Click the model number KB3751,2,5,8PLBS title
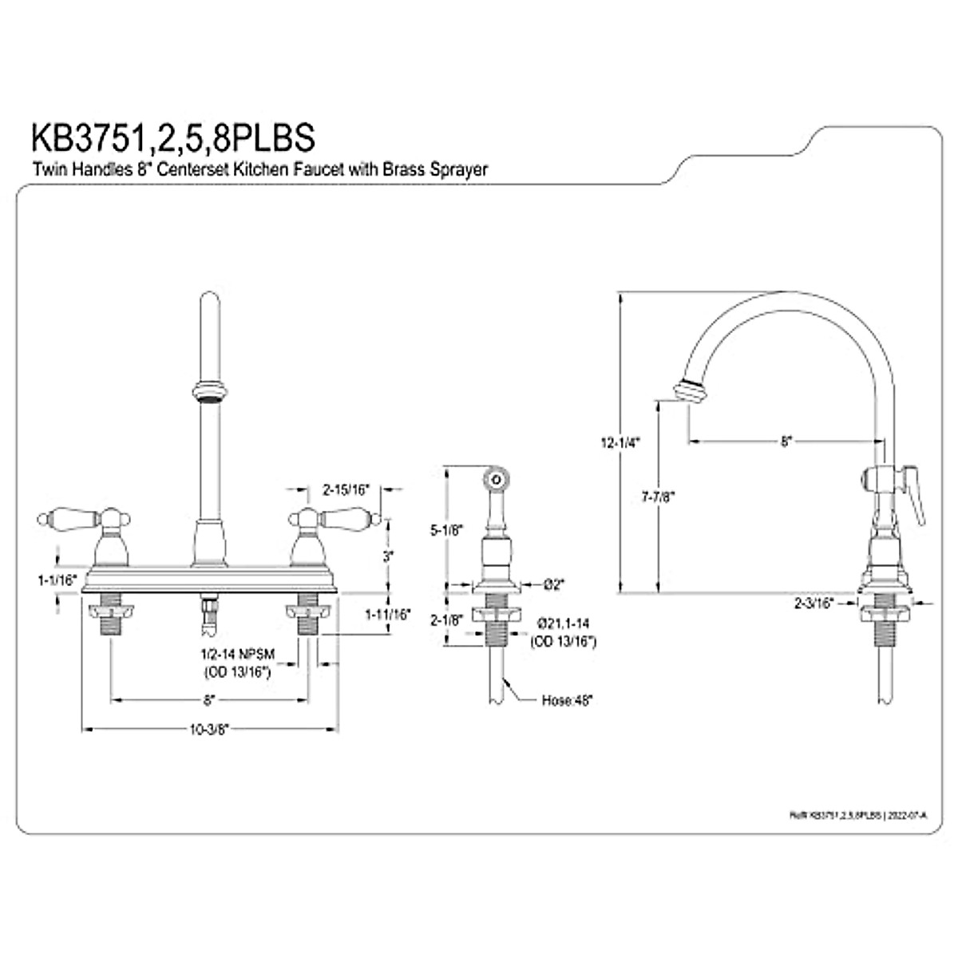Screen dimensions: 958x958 coord(172,137)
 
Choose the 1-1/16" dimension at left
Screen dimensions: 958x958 coord(57,580)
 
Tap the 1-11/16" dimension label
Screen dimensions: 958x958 coord(387,614)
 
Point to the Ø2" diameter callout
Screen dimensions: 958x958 coord(553,584)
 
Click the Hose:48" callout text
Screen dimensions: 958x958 coord(567,700)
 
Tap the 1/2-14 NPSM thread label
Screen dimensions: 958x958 coord(237,654)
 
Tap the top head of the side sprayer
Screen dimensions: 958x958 coord(496,480)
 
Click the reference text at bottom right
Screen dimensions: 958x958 coord(857,815)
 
